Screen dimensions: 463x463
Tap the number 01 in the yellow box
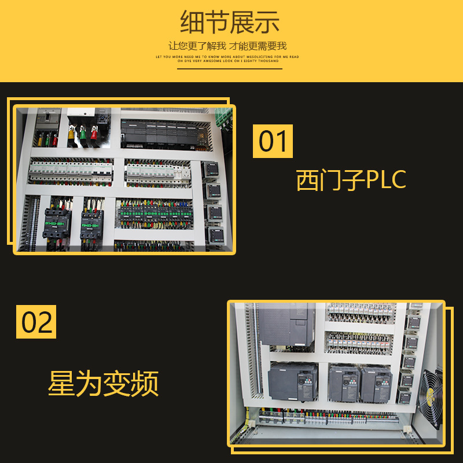[273, 141]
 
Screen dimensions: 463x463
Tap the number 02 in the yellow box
[36, 322]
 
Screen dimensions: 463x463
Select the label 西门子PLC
[351, 180]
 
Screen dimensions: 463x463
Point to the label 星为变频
[103, 384]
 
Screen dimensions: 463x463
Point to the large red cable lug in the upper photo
[93, 135]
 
